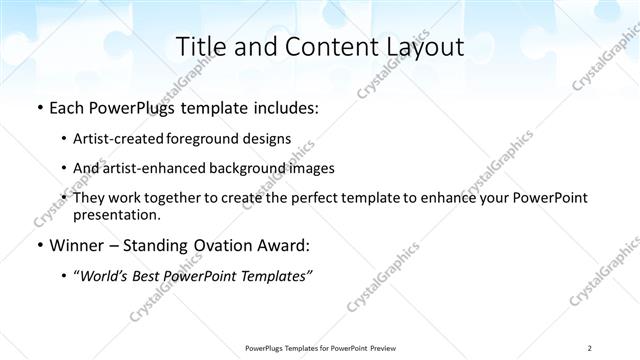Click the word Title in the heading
click(200, 47)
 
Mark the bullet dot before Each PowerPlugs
click(39, 108)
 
